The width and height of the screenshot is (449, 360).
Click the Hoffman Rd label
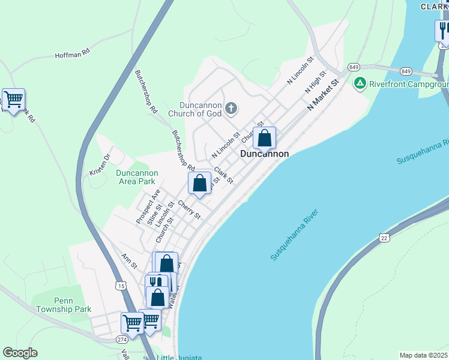[x=72, y=53]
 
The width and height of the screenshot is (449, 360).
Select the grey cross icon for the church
[x=231, y=109]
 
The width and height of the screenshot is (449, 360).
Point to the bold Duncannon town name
[x=264, y=154]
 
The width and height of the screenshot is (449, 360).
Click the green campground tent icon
[x=360, y=83]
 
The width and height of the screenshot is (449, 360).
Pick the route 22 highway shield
[x=384, y=238]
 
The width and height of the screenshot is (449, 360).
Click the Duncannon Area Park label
[x=136, y=177]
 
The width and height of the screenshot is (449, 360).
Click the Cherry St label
[x=189, y=209]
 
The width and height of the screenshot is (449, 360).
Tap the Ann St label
[x=129, y=261]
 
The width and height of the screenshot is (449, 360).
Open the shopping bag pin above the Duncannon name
[x=264, y=139]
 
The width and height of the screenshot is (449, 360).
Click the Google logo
[x=20, y=353]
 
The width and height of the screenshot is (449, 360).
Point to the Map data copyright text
[x=423, y=355]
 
